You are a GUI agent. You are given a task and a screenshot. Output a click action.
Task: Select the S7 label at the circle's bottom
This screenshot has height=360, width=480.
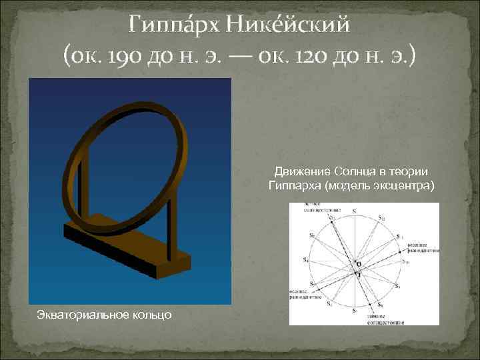[x=355, y=311]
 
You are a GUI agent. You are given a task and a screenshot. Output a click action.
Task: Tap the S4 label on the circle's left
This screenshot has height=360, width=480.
[x=307, y=260]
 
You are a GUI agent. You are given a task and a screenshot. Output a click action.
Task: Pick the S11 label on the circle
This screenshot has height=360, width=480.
[x=399, y=237]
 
